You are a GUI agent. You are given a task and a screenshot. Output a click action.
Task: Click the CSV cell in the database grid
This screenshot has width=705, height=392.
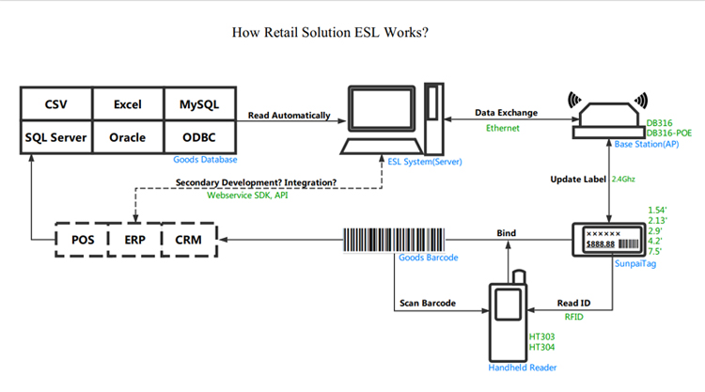pos(56,103)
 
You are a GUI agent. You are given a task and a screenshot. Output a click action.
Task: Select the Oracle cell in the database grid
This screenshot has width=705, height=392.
pos(128,137)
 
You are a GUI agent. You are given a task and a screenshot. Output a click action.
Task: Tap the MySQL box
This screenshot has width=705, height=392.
pos(199,103)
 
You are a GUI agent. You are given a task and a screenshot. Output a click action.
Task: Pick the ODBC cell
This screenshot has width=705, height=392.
pos(199,137)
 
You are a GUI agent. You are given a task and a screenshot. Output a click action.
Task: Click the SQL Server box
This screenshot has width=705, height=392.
pos(56,137)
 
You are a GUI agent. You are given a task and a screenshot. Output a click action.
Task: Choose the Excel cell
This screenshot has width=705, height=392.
pos(128,103)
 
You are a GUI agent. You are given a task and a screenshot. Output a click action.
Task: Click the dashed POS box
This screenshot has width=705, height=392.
pos(83,240)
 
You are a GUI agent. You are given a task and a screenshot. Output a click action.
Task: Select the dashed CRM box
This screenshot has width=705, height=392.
pos(189,240)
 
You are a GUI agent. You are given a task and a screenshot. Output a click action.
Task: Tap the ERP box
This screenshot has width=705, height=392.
pos(134,240)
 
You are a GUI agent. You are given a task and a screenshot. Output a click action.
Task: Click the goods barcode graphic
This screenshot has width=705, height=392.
pos(394,240)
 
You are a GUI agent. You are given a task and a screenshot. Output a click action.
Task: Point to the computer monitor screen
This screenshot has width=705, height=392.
pos(382,108)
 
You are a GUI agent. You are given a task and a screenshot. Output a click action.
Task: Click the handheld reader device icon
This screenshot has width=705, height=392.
pos(508,316)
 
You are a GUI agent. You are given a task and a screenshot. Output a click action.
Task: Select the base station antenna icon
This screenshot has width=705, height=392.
pos(609,118)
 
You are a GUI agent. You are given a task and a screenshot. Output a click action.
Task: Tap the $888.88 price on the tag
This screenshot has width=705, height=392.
pos(601,244)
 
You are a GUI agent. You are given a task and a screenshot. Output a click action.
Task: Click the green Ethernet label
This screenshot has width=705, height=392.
pos(503,128)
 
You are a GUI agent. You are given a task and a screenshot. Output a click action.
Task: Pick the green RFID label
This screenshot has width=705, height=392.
pos(573,317)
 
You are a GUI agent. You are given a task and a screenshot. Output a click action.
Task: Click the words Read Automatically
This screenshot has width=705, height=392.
pos(290,116)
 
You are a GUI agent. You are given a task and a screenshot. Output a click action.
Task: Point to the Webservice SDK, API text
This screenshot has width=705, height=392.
pos(247,196)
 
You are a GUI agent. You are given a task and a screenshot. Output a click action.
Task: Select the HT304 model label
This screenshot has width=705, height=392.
pos(541,347)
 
